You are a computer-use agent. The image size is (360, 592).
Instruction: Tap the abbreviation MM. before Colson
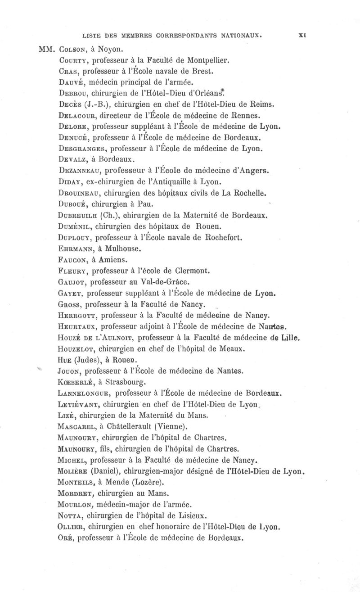tap(47, 48)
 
